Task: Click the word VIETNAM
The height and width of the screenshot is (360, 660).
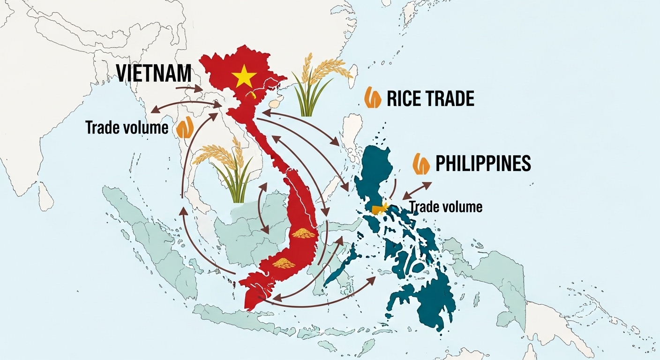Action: coord(153,74)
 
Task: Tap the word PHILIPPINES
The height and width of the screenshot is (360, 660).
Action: coord(483,163)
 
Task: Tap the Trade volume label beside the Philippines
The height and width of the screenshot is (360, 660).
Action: coord(446,206)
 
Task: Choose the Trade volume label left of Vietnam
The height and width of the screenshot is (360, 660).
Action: coord(127,127)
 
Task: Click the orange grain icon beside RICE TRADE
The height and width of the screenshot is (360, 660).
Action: coord(373,98)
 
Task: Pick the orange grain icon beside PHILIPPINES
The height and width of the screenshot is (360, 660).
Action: coord(421,164)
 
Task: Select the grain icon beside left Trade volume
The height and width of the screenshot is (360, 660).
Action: coord(185,128)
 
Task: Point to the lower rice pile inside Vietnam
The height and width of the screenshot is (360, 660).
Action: coord(284,263)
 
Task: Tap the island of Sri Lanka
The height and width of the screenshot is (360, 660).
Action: coord(45,196)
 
